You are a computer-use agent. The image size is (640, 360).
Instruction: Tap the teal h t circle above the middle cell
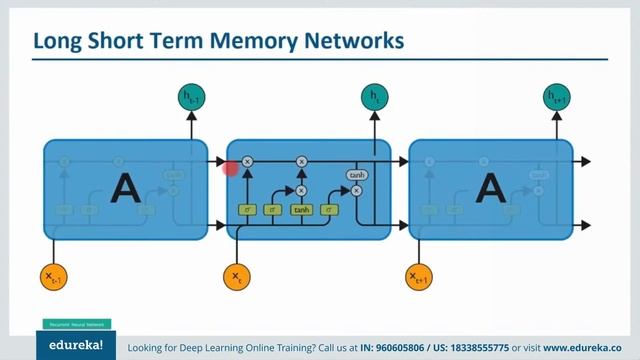click(x=374, y=97)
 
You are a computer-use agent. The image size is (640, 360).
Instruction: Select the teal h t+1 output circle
click(x=557, y=97)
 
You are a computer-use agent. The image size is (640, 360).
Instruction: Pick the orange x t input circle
click(x=237, y=274)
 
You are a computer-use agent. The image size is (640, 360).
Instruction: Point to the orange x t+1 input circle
click(x=420, y=274)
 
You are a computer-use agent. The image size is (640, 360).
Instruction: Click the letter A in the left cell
click(x=124, y=187)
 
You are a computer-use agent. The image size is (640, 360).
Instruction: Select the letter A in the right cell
click(x=490, y=187)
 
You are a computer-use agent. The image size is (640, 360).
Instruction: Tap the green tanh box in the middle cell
click(x=301, y=210)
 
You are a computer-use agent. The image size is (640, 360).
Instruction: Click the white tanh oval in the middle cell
click(x=356, y=175)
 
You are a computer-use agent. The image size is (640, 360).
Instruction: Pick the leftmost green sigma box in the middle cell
click(x=247, y=210)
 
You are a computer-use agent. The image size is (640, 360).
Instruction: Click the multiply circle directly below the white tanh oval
click(x=356, y=190)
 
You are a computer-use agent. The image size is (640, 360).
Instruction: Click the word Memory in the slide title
click(x=241, y=41)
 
